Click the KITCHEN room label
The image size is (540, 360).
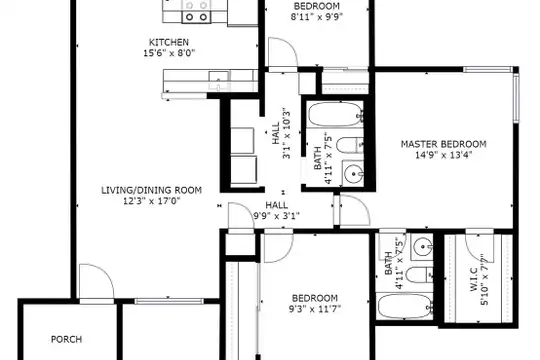point(169,42)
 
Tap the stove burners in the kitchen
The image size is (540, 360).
point(196,11)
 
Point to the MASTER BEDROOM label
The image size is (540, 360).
point(444,144)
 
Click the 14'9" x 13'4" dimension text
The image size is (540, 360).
point(444,155)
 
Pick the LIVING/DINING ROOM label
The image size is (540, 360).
point(152,190)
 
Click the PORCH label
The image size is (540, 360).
point(66,339)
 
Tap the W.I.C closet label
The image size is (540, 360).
point(474,280)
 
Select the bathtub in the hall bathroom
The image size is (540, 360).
point(335,114)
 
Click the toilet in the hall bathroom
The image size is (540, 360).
point(350,145)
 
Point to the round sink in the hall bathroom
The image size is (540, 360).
point(353,174)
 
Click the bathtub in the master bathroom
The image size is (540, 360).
point(405,306)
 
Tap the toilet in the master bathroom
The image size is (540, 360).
point(419,275)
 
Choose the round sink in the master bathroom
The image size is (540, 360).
point(422,246)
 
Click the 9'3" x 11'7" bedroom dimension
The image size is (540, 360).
point(315,309)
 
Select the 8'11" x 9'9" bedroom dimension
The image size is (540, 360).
point(317,17)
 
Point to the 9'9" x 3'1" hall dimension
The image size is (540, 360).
point(277,216)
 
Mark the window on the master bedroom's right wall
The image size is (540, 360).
point(516,97)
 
